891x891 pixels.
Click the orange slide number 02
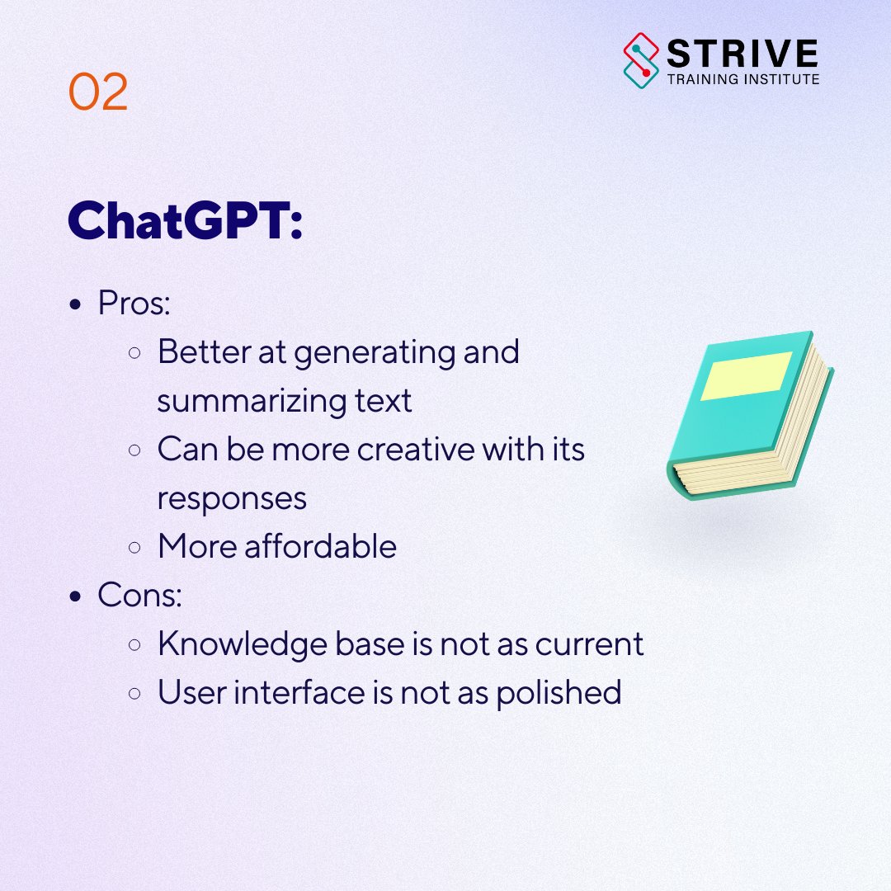click(98, 92)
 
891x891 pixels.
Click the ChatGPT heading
click(185, 220)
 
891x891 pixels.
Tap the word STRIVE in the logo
click(742, 54)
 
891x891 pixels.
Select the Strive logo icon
click(643, 60)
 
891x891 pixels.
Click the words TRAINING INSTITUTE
click(742, 80)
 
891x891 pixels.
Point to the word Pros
click(134, 304)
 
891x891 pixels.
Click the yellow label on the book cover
click(746, 375)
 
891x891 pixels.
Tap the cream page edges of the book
click(767, 445)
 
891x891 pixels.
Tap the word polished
click(559, 693)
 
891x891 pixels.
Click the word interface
click(295, 693)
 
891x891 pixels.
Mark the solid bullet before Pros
click(76, 305)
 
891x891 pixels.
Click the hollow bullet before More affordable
click(134, 548)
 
